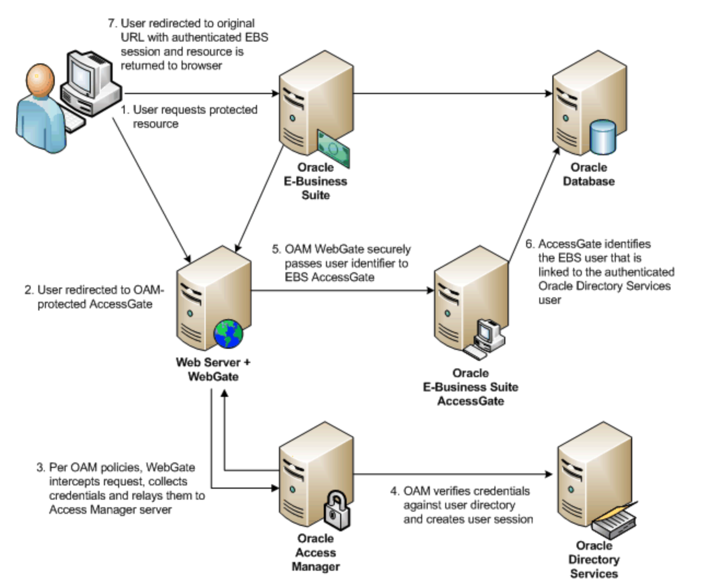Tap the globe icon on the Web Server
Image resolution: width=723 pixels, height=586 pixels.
tap(229, 334)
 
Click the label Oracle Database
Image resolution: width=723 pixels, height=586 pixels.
tap(588, 174)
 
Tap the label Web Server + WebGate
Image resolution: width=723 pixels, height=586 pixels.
tap(213, 369)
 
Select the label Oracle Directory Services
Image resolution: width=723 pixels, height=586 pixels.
tap(593, 559)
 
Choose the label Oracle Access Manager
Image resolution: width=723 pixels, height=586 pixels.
tap(316, 553)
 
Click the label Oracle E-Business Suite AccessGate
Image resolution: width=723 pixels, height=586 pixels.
tap(470, 387)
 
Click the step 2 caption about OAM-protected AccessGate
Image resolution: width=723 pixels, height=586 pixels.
tap(94, 297)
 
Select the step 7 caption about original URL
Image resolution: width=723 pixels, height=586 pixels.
tap(188, 44)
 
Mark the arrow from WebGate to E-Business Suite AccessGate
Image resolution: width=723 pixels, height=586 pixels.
tap(342, 290)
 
